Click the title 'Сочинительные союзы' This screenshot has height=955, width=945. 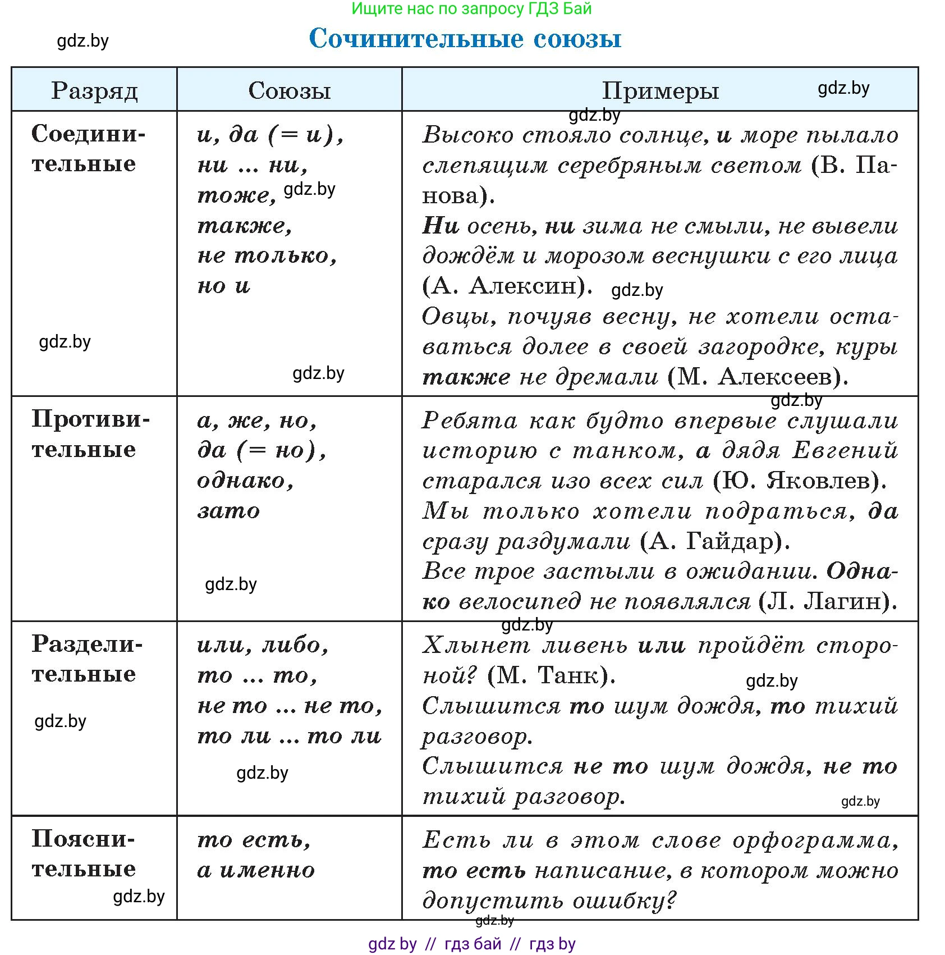[x=465, y=39]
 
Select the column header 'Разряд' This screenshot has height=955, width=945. [x=94, y=91]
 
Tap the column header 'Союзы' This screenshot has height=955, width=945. [x=290, y=91]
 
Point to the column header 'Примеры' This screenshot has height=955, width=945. [x=660, y=91]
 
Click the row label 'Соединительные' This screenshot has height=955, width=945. [x=88, y=149]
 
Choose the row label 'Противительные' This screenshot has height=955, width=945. [x=90, y=434]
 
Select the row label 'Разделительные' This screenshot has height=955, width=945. [x=87, y=659]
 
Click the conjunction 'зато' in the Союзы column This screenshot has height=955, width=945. [x=229, y=511]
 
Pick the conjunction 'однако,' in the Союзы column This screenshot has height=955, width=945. [x=245, y=481]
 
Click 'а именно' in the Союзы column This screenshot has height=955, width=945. [x=256, y=870]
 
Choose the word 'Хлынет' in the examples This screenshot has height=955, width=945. [x=476, y=645]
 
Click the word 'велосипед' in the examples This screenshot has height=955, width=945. [x=520, y=602]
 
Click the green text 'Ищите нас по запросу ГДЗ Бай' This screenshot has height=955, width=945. [x=471, y=8]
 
